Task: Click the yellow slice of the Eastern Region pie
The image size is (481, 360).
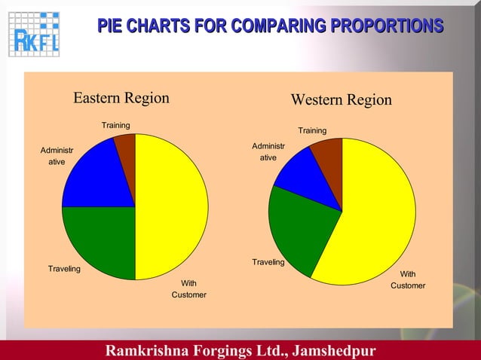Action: (172, 207)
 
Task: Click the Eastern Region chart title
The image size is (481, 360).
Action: (121, 98)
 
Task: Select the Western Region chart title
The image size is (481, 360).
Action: (341, 100)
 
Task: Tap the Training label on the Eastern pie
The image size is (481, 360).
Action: (116, 124)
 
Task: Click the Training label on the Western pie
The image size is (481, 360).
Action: (312, 131)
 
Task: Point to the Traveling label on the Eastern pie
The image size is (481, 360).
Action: (64, 268)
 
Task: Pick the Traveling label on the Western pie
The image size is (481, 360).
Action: (268, 262)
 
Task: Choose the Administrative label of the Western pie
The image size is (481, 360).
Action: (268, 151)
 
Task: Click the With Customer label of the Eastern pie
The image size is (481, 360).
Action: (188, 288)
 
